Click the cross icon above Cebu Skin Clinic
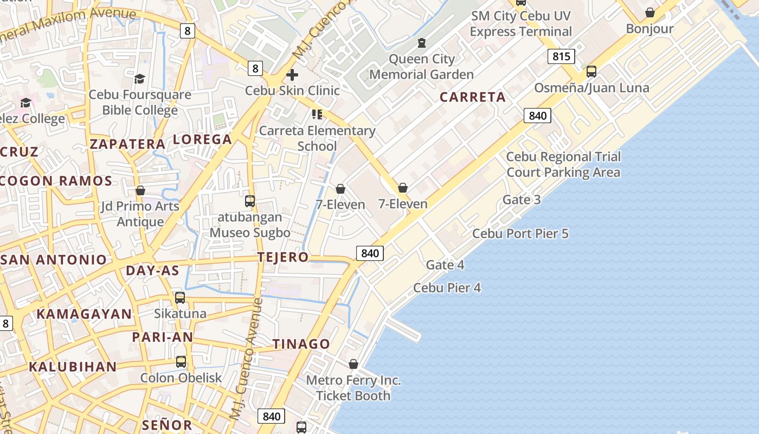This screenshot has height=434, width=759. tap(292, 74)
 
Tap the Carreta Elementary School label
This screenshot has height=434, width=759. tap(317, 138)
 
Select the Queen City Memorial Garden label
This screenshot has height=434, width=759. tap(422, 66)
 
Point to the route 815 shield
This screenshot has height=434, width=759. tap(561, 56)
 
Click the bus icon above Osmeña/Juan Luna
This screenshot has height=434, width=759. tap(591, 72)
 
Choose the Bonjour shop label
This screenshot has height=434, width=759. tap(649, 28)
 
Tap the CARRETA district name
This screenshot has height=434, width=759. tap(472, 97)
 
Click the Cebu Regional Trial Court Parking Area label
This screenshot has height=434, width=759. tap(563, 164)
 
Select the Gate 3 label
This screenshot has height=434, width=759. tap(522, 200)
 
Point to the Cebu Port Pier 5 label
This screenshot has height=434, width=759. tap(520, 233)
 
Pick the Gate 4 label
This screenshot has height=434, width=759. tap(445, 265)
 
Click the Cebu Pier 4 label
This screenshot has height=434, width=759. tap(447, 288)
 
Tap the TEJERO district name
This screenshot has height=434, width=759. tap(283, 257)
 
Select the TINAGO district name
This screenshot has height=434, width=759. tap(301, 344)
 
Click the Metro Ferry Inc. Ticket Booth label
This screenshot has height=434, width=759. tap(353, 388)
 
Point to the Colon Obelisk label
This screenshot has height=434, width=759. tap(181, 378)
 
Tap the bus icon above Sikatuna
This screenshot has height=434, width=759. tap(180, 298)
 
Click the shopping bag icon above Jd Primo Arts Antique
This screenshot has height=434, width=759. tap(140, 190)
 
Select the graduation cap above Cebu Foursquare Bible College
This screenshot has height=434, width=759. tap(140, 79)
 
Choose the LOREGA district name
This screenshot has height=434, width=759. tap(202, 139)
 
